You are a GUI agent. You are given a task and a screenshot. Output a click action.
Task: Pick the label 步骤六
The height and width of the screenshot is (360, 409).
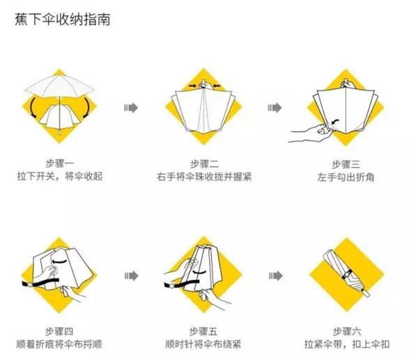[347, 329]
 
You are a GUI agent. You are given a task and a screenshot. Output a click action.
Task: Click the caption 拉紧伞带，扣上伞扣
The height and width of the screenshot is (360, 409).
[347, 343]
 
